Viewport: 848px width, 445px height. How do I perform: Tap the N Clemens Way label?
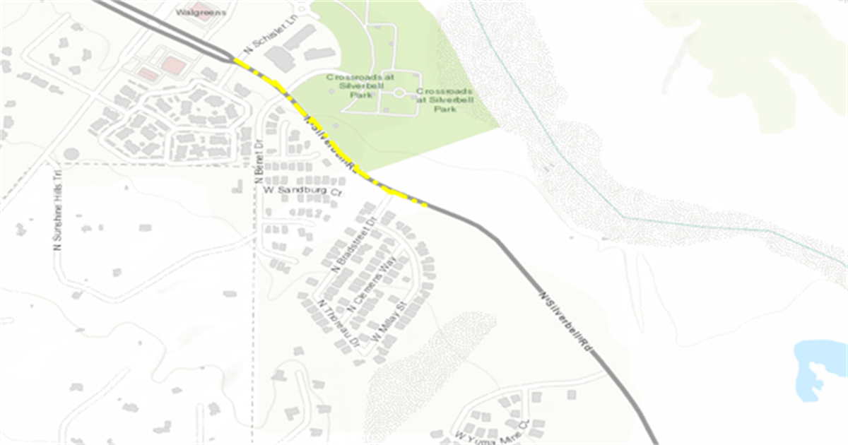point(373,286)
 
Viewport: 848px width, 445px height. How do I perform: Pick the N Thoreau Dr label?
point(338,322)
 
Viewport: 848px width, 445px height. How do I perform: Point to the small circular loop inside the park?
point(399,93)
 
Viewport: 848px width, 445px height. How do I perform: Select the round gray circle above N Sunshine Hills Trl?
point(71,153)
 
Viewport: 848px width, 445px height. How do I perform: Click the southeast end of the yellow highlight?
point(425,206)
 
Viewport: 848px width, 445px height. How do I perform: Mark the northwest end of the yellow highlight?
point(235,60)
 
